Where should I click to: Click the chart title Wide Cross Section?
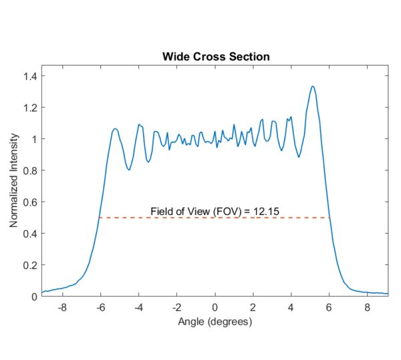[215, 56]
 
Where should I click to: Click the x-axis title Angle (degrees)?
[215, 322]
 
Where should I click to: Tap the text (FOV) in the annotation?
[215, 212]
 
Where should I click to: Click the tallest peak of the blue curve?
[312, 86]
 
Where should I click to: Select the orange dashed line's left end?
[100, 218]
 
